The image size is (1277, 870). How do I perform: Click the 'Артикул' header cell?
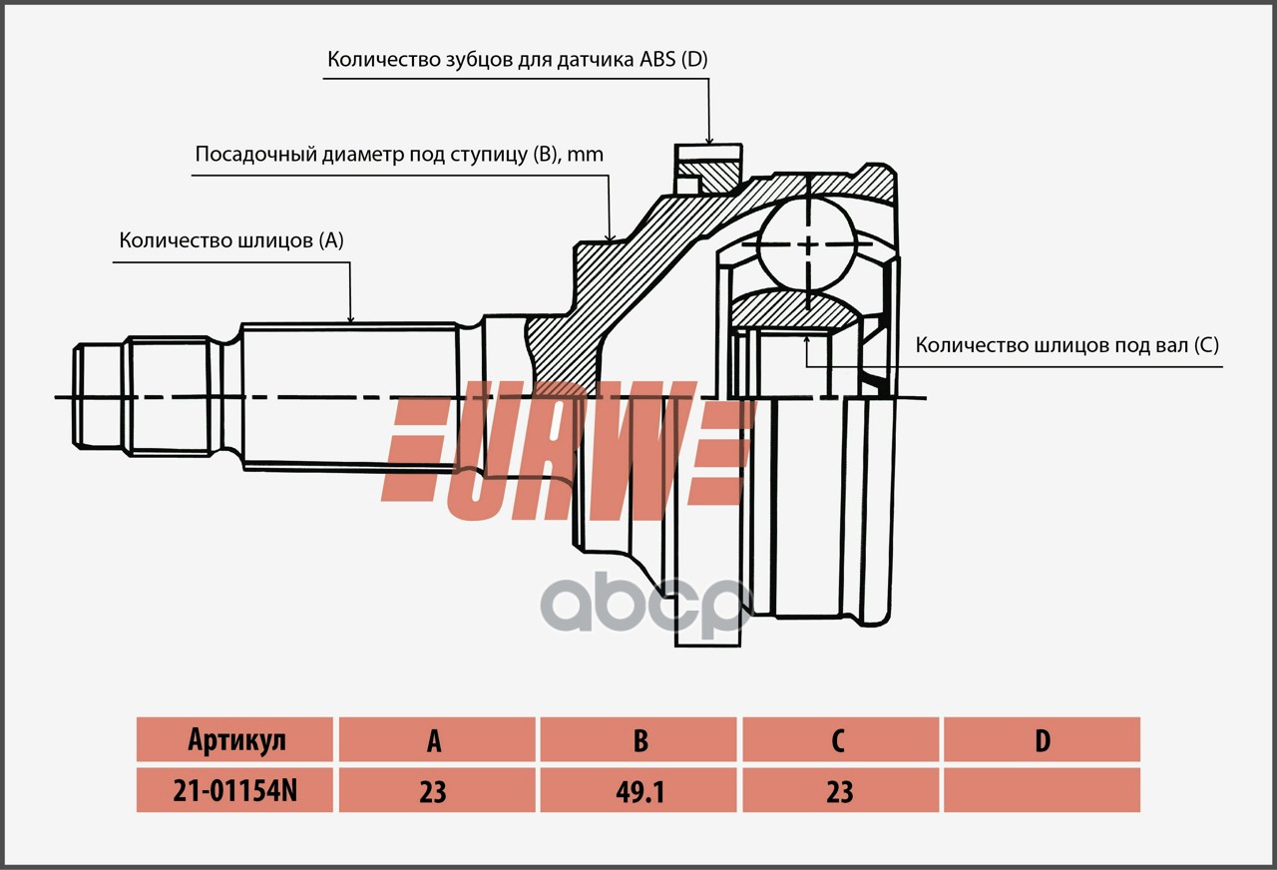click(234, 739)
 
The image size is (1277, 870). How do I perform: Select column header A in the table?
click(437, 739)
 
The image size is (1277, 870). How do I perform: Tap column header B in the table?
click(638, 739)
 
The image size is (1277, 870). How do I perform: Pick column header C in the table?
click(840, 739)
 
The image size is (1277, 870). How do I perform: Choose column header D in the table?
click(1043, 739)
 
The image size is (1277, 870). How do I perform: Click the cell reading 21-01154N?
click(234, 790)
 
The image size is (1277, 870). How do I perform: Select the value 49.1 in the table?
click(638, 790)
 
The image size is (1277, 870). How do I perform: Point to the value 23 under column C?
click(840, 790)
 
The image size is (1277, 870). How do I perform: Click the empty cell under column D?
click(1043, 790)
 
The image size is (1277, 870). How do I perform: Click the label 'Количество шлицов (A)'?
click(231, 240)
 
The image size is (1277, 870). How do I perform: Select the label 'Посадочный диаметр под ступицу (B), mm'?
click(399, 154)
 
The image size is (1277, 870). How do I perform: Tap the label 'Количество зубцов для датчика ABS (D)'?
click(518, 59)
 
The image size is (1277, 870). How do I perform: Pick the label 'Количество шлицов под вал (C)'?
click(1066, 345)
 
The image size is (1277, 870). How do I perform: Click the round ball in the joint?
click(808, 244)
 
